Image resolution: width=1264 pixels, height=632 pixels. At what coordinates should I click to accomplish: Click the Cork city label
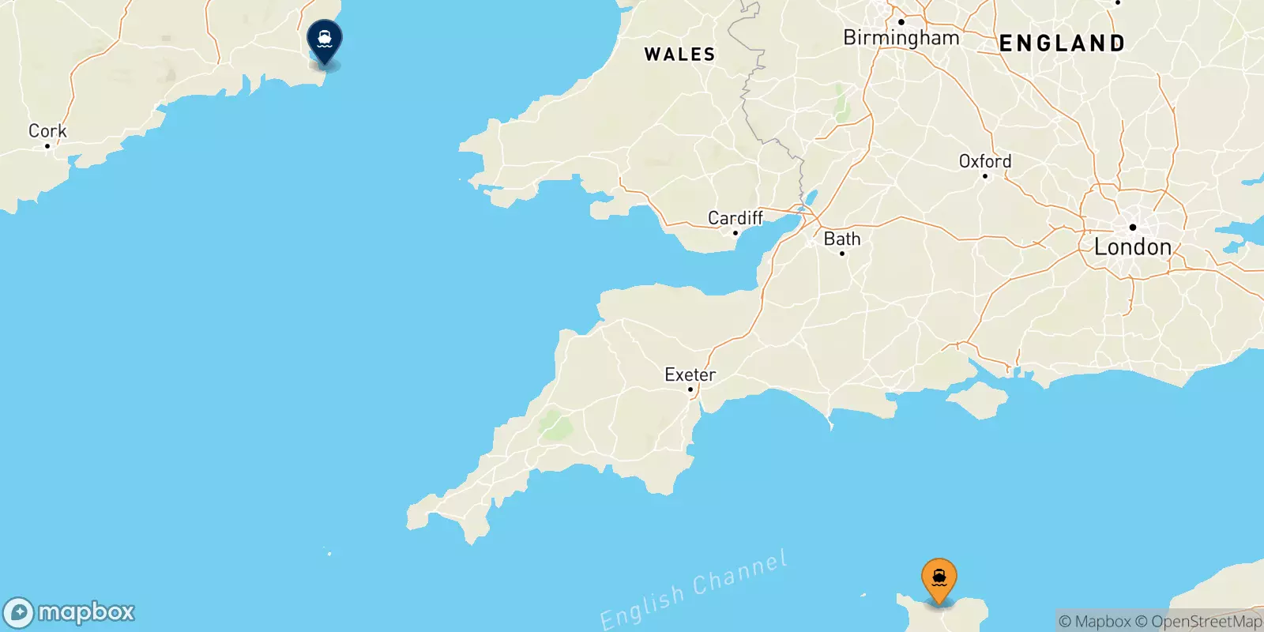click(x=47, y=130)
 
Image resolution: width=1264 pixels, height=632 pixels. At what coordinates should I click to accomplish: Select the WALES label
click(x=679, y=55)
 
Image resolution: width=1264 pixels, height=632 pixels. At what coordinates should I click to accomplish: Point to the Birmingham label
click(x=901, y=38)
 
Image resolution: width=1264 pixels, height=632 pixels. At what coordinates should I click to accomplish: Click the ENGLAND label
click(x=1063, y=43)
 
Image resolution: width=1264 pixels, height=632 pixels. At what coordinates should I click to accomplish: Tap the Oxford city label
click(x=985, y=161)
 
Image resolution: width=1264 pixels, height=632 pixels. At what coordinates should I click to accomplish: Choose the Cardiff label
click(x=735, y=217)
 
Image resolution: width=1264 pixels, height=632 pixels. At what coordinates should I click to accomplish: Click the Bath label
click(x=842, y=239)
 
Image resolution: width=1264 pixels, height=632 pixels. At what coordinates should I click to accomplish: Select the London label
click(x=1133, y=247)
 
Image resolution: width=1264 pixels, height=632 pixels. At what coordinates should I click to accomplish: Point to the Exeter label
click(x=690, y=374)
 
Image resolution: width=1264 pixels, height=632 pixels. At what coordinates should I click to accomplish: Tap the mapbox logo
click(x=70, y=612)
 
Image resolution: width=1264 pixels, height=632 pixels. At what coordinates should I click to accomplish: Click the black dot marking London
click(x=1132, y=228)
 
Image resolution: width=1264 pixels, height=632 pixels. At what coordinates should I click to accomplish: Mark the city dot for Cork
click(x=47, y=146)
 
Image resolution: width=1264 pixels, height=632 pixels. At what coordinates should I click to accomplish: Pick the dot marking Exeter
click(x=690, y=389)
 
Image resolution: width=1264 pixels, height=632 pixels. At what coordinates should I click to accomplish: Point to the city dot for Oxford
click(x=985, y=175)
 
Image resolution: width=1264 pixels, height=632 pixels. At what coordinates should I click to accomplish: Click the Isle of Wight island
click(x=980, y=401)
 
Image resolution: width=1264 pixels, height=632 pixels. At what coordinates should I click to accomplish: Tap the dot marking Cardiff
click(x=735, y=233)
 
